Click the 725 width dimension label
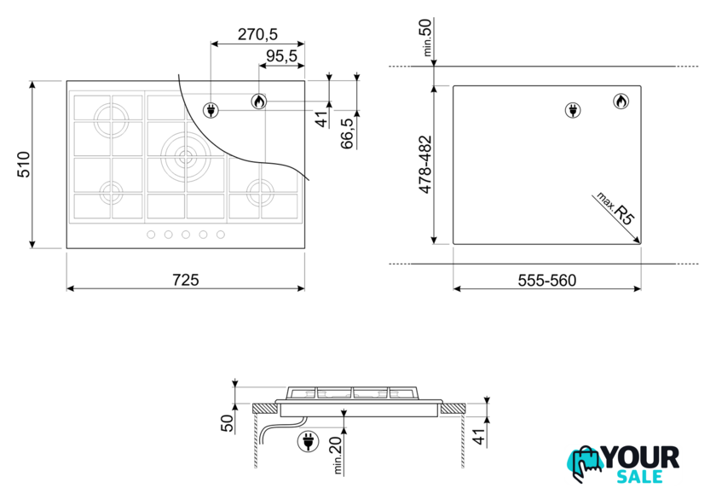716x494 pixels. pyautogui.click(x=186, y=280)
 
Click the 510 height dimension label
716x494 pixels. pyautogui.click(x=24, y=165)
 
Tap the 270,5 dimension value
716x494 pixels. pyautogui.click(x=257, y=34)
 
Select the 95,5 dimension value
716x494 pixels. pyautogui.click(x=281, y=56)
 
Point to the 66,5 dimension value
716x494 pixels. pyautogui.click(x=348, y=133)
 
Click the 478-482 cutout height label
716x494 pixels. pyautogui.click(x=425, y=165)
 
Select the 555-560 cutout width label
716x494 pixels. pyautogui.click(x=547, y=280)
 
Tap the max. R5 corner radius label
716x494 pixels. pyautogui.click(x=615, y=208)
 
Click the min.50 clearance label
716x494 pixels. pyautogui.click(x=425, y=37)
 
